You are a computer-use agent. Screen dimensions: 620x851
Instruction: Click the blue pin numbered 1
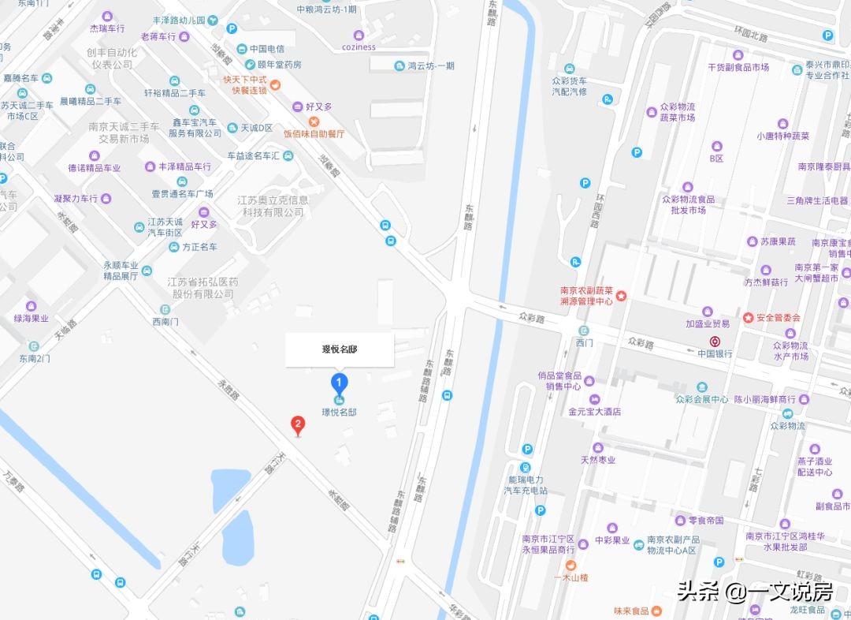click(x=339, y=384)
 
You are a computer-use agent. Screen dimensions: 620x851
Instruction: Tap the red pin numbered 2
click(x=298, y=424)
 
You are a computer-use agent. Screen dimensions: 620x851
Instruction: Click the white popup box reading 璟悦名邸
click(x=340, y=349)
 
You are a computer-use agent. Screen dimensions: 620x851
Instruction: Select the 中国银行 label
click(x=715, y=353)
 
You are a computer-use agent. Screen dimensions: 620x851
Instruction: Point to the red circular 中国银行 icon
click(x=715, y=342)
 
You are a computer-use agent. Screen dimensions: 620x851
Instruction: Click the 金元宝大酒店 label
click(x=595, y=411)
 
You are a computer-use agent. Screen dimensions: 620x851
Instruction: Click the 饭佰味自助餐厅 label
click(x=314, y=133)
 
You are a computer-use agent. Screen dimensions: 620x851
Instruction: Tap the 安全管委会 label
click(x=778, y=318)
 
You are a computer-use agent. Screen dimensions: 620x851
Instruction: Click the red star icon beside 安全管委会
click(x=748, y=318)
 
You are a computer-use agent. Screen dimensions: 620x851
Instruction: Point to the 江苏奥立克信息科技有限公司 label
click(x=273, y=206)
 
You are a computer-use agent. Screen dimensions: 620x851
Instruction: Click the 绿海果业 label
click(x=32, y=319)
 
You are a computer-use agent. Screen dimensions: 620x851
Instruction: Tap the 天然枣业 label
click(x=598, y=460)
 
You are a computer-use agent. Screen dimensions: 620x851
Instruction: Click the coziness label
click(x=359, y=47)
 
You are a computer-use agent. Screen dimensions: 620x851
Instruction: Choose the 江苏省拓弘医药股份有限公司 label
click(x=202, y=287)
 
